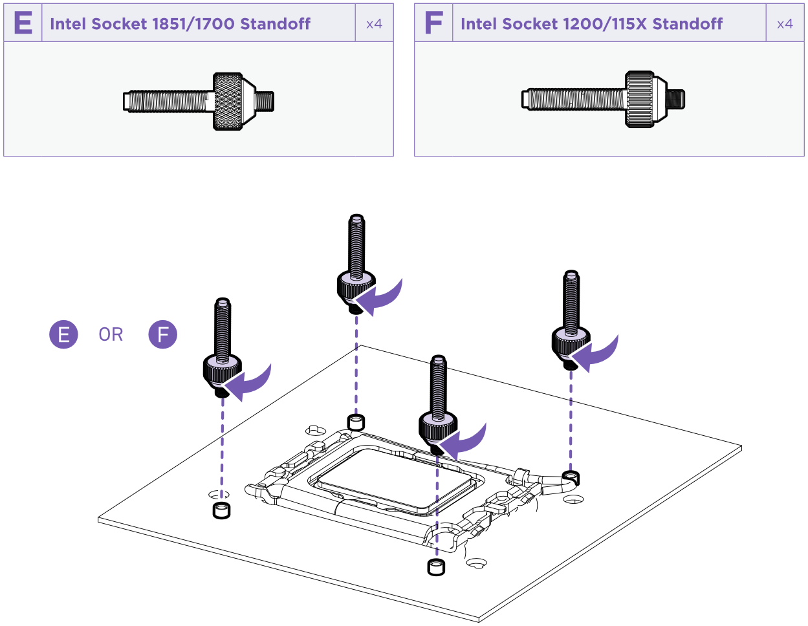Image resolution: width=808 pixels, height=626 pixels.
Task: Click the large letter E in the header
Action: click(23, 23)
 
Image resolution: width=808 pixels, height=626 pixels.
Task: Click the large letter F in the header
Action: click(433, 23)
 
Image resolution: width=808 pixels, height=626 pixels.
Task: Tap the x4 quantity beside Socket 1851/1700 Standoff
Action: click(374, 24)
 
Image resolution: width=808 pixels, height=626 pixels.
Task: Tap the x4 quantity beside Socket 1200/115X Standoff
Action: click(785, 24)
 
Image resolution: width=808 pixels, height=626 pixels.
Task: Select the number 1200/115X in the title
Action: click(605, 24)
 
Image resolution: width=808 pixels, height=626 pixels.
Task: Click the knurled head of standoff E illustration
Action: click(228, 102)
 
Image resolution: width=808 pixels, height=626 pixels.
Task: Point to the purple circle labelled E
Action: click(63, 334)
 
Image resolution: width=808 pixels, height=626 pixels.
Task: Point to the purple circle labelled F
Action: click(163, 334)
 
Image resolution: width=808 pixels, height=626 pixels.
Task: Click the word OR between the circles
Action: click(111, 334)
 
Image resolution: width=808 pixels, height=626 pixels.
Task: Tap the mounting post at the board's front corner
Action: click(436, 568)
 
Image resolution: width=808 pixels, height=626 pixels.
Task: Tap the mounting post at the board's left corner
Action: click(221, 510)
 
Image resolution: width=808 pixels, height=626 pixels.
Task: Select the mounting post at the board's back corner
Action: click(356, 422)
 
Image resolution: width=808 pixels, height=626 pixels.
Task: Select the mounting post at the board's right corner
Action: click(571, 479)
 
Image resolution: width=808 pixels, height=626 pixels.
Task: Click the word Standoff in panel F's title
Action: click(687, 24)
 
